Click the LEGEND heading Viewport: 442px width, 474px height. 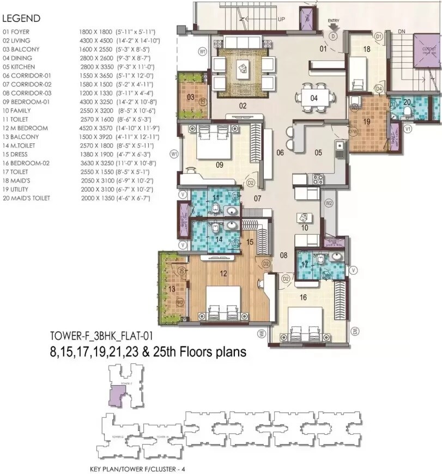point(22,18)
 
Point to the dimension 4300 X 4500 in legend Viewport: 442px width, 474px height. point(95,40)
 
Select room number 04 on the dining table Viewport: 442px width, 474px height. point(314,99)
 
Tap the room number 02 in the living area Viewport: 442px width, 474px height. point(243,105)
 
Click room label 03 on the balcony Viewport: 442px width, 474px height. point(191,97)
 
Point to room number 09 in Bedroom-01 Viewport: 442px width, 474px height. point(220,164)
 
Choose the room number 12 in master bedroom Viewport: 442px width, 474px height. point(222,274)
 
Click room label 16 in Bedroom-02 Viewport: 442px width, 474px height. point(304,297)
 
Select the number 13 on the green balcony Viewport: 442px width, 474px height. point(172,289)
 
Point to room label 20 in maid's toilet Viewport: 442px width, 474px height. point(407,102)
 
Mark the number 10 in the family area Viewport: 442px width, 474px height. point(305,228)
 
